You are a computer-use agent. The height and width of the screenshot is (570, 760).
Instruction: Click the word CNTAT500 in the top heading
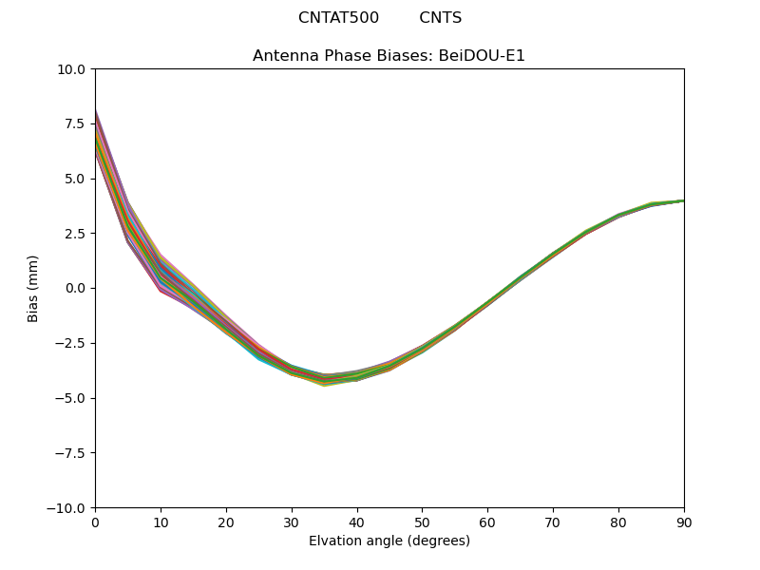coord(338,18)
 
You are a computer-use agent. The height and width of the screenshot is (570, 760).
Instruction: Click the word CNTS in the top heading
coord(440,18)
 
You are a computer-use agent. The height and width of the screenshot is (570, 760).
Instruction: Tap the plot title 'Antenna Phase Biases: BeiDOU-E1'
coord(389,56)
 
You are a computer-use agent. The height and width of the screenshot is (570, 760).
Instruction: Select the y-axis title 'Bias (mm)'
coord(33,288)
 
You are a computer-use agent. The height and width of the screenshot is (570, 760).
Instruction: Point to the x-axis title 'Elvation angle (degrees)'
coord(389,541)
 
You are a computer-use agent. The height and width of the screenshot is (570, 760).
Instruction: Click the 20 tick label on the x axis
coord(226,522)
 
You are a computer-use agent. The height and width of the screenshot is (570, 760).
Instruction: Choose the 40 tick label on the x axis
coord(356,522)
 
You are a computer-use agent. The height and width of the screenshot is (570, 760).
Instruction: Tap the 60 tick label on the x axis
coord(487,522)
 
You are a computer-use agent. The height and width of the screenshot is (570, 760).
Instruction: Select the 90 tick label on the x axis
coord(683,522)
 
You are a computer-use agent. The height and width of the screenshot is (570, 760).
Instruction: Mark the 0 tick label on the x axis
coord(95,522)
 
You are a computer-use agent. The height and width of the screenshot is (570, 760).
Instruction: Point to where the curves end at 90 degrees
coord(683,200)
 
